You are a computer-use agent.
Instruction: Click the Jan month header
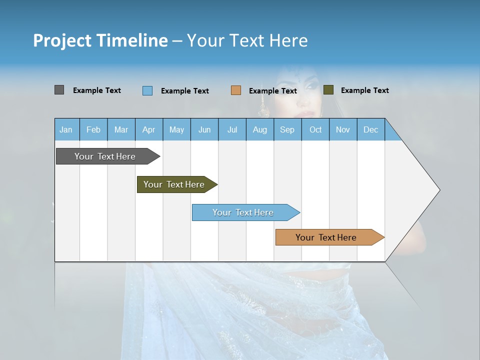tap(66, 129)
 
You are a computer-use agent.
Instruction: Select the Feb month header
tap(93, 129)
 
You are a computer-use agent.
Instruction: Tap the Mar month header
tap(121, 129)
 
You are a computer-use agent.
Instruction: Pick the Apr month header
tap(149, 129)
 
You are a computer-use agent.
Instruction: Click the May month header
tap(176, 129)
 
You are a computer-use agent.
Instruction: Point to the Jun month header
tap(204, 129)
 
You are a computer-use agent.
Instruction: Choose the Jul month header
tap(232, 129)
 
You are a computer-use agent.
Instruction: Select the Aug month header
tap(260, 129)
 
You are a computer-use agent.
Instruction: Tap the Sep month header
tap(287, 129)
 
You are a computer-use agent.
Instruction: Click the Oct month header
tap(315, 129)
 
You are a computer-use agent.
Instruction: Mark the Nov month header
tap(343, 129)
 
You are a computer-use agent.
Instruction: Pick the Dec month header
tap(371, 129)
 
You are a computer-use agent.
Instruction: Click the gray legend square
tap(59, 90)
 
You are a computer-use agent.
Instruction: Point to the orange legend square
tap(236, 90)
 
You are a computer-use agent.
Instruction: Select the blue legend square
tap(147, 90)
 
